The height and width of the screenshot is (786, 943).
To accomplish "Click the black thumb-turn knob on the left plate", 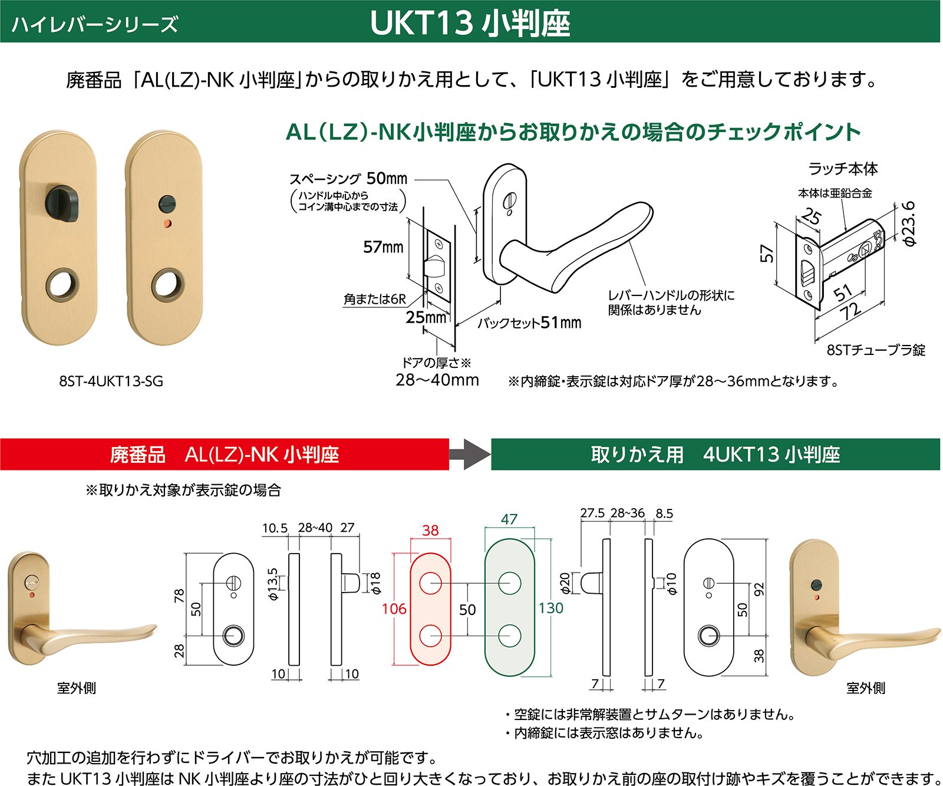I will (x=63, y=203).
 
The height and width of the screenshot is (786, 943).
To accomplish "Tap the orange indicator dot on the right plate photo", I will (x=167, y=223).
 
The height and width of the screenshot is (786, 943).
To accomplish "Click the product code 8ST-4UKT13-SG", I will (x=111, y=382).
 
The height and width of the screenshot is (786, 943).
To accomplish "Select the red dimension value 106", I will (x=394, y=609).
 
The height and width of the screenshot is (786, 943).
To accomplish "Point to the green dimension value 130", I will (x=550, y=608).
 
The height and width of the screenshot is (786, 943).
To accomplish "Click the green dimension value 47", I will (x=509, y=519).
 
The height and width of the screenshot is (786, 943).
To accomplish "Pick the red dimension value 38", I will (x=430, y=530).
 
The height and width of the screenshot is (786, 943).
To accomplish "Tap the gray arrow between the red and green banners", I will (x=470, y=454).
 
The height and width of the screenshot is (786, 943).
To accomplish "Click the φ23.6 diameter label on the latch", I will (x=909, y=223).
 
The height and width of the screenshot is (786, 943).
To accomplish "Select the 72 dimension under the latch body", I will (x=850, y=311).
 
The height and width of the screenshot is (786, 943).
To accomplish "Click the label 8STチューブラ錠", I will (x=875, y=350).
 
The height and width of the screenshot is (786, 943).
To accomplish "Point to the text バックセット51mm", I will (x=529, y=323).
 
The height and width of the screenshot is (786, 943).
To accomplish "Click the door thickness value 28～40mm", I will (x=437, y=380).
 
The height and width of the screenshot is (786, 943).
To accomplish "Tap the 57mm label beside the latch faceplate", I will (x=383, y=246).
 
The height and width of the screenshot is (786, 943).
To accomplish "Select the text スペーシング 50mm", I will (x=348, y=178).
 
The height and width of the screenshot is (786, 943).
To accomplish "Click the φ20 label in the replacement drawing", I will (x=565, y=583).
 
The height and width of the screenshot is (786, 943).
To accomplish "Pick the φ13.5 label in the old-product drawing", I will (x=272, y=584).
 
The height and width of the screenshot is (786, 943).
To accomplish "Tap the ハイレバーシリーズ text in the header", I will (x=94, y=24).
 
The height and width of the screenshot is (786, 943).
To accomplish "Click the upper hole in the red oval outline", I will (x=430, y=583).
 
